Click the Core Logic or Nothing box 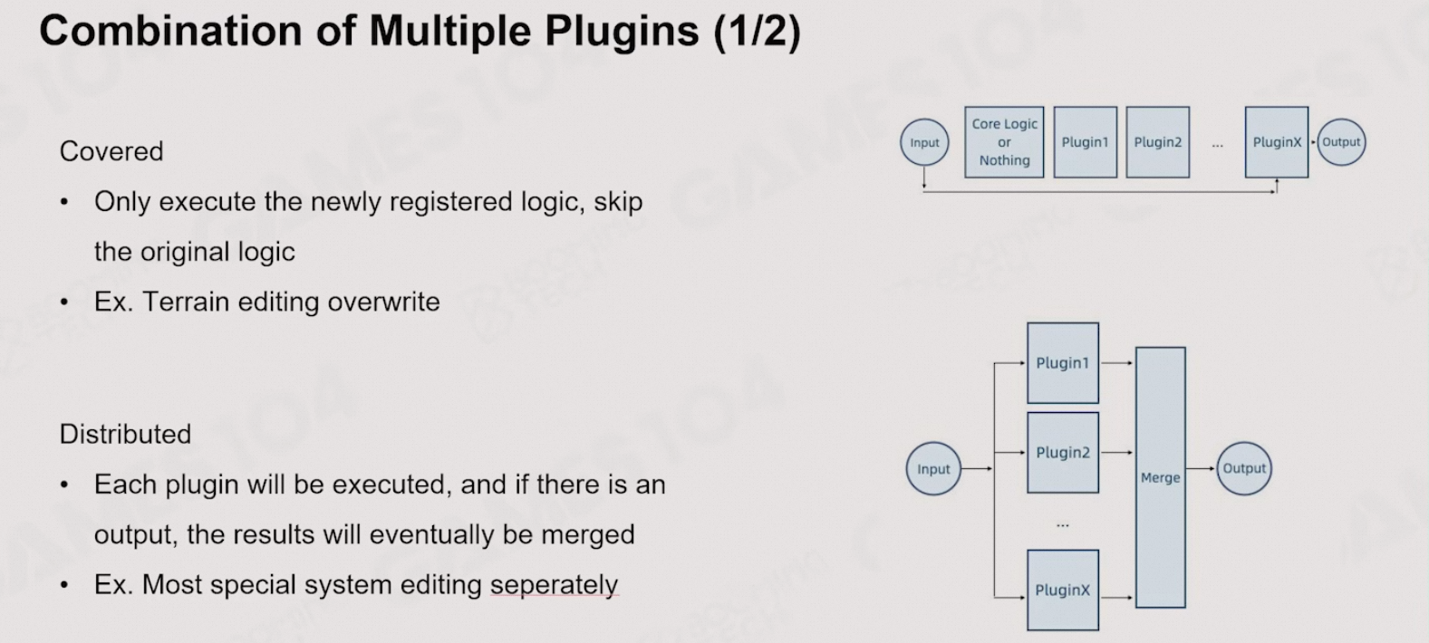1004,142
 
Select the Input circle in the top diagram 924,142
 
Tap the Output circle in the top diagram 1341,142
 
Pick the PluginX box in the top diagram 1277,142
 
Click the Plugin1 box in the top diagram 1085,142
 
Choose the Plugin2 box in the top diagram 1157,142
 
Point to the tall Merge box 1160,477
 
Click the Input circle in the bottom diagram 933,469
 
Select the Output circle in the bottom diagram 1244,468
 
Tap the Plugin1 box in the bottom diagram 1062,363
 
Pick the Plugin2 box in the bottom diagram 1062,453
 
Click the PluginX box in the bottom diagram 1062,590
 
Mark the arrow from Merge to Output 1201,468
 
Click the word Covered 111,151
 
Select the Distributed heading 125,435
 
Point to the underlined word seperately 554,585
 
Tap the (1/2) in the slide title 757,31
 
